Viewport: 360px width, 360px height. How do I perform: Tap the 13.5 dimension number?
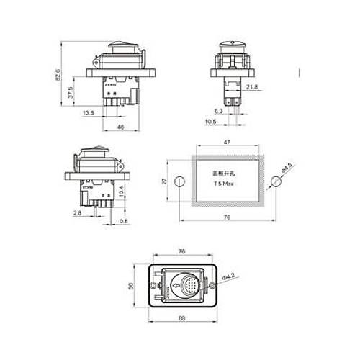tap(88, 113)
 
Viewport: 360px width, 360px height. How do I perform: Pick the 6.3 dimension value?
tap(218, 111)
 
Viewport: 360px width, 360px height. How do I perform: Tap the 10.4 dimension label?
tap(121, 192)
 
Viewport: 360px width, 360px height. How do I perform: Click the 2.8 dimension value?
tap(77, 213)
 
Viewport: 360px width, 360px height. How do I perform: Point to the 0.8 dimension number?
tap(123, 220)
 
